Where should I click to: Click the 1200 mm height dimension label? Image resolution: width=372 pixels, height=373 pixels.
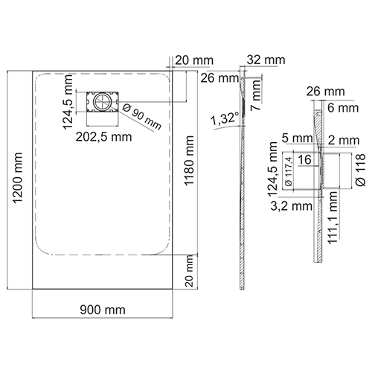[18, 178]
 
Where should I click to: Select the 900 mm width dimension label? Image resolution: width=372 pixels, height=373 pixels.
[103, 310]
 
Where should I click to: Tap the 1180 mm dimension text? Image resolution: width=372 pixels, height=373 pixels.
[189, 161]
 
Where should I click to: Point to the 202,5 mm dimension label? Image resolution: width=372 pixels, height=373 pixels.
[103, 137]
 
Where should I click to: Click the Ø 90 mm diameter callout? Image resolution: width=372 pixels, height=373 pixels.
[142, 117]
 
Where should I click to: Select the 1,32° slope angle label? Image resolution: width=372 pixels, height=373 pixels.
[225, 118]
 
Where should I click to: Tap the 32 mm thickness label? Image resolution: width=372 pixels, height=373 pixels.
[266, 60]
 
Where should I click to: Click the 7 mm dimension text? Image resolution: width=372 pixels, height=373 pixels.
[256, 95]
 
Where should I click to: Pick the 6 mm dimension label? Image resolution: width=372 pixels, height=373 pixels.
[343, 108]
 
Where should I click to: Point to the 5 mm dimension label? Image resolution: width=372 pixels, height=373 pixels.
[298, 138]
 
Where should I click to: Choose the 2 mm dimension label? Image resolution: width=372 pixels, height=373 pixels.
[344, 141]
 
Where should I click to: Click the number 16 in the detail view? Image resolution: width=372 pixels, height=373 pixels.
[304, 159]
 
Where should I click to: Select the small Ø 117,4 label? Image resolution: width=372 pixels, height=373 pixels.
[289, 172]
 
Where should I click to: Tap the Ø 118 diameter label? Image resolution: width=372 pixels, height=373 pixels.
[361, 170]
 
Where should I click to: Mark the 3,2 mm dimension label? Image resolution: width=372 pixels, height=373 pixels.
[291, 206]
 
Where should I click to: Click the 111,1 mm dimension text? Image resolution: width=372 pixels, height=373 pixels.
[333, 217]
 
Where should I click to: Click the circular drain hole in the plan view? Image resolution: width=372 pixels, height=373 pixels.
[102, 102]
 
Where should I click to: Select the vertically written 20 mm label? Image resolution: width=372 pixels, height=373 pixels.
[189, 271]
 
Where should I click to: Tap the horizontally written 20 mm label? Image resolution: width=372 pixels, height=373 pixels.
[194, 60]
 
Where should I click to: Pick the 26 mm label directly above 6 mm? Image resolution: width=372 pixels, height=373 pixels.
[325, 92]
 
